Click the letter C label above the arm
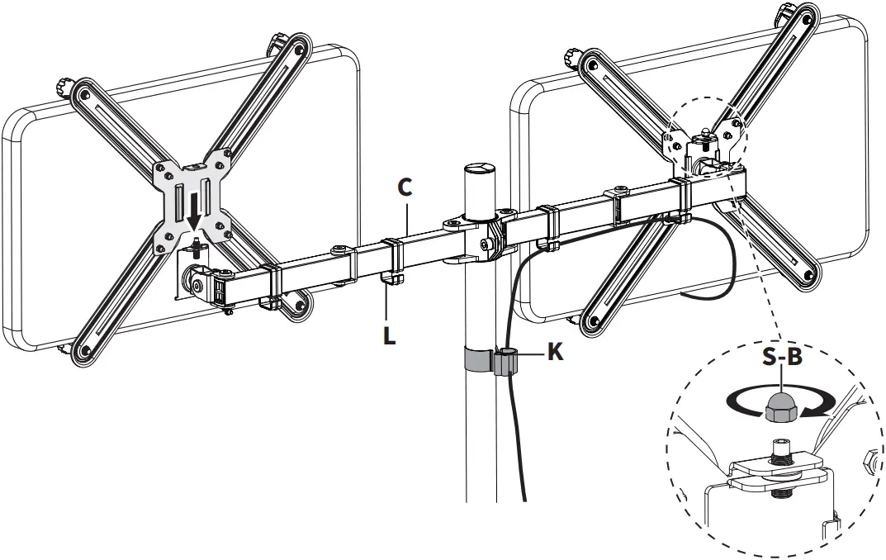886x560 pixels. pyautogui.click(x=405, y=188)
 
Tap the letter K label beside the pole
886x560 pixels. pyautogui.click(x=556, y=352)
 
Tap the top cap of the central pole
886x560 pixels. pyautogui.click(x=476, y=169)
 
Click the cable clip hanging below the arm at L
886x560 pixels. pyautogui.click(x=391, y=281)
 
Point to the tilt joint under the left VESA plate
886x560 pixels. pyautogui.click(x=200, y=281)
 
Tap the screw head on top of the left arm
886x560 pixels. pyautogui.click(x=338, y=248)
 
